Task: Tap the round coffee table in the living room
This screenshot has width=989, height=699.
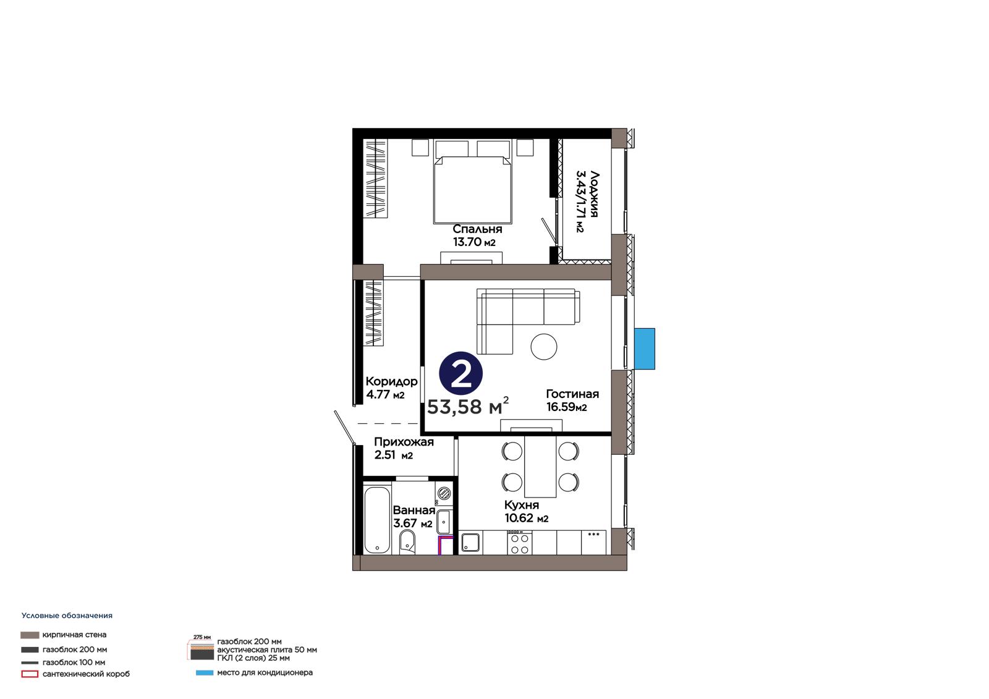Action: click(543, 347)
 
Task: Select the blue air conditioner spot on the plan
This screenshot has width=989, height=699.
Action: click(644, 349)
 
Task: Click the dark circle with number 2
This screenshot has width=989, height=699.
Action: click(461, 373)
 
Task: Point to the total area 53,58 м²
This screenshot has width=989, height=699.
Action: click(467, 406)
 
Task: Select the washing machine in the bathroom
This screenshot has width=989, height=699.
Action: click(444, 493)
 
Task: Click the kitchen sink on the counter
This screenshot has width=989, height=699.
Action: click(470, 543)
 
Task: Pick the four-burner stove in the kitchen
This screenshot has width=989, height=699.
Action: click(519, 543)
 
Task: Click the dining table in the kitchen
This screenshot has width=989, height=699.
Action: click(540, 467)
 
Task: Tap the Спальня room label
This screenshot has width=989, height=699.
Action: click(477, 229)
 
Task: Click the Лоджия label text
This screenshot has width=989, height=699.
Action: click(594, 194)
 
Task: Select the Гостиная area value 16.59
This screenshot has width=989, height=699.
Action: click(561, 407)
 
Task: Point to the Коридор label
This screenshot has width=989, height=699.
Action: click(391, 381)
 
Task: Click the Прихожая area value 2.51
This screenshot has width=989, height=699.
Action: click(384, 455)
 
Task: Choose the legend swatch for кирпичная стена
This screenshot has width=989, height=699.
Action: click(30, 635)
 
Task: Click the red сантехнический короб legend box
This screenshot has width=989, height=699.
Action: click(30, 674)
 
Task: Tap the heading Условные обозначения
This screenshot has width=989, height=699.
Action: click(67, 616)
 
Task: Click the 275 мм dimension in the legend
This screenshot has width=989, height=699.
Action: click(202, 637)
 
